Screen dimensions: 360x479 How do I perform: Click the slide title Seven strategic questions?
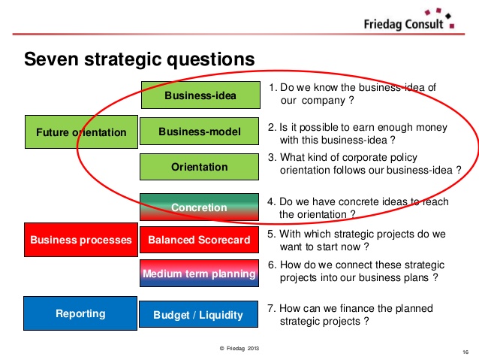140,59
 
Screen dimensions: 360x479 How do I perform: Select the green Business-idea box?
200,95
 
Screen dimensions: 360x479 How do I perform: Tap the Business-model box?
200,132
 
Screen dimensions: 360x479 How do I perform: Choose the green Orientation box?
200,167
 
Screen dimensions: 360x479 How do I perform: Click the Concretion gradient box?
200,207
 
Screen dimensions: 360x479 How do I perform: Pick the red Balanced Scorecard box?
200,241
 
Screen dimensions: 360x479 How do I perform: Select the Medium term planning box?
200,274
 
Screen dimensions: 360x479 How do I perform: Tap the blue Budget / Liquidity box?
200,314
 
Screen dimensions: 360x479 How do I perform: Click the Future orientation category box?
81,132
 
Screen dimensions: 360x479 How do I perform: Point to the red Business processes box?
81,241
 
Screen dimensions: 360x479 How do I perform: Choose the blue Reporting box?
81,313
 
